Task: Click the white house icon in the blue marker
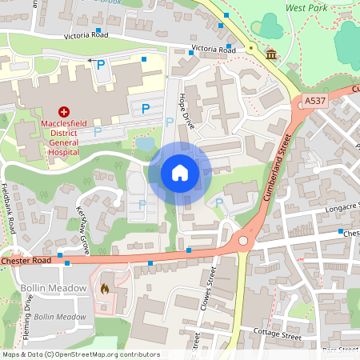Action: pos(180,172)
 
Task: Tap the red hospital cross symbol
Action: pos(63,114)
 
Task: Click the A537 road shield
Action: pos(315,102)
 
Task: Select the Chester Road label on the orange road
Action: pos(26,261)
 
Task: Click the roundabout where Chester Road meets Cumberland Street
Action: pos(243,239)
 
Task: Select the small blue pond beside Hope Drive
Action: pos(146,144)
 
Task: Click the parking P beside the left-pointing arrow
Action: pos(101,65)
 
